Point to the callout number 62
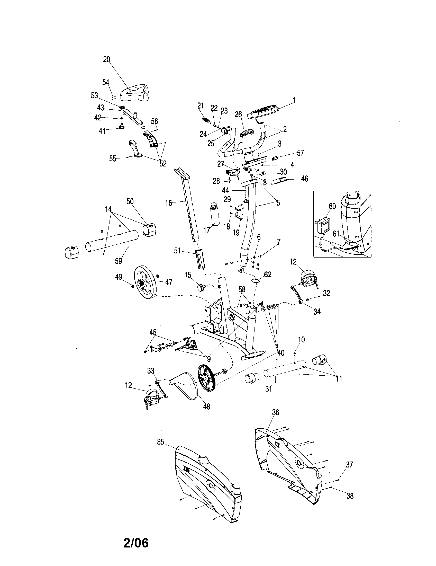pyautogui.click(x=268, y=275)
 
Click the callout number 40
pyautogui.click(x=281, y=352)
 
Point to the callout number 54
pyautogui.click(x=106, y=82)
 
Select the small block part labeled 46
pyautogui.click(x=279, y=181)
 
